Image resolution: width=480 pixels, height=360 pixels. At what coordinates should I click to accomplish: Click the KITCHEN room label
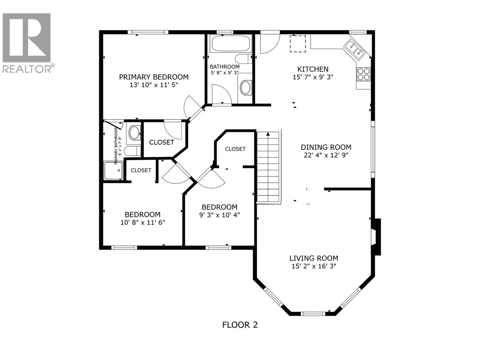(x=313, y=69)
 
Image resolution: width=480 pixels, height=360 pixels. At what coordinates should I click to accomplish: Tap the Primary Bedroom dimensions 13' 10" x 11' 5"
(x=154, y=85)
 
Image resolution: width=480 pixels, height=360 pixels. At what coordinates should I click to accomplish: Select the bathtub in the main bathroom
(x=231, y=43)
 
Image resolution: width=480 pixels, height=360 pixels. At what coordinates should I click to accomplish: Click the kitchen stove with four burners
(x=363, y=74)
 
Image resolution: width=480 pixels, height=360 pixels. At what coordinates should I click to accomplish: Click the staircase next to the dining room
(x=268, y=167)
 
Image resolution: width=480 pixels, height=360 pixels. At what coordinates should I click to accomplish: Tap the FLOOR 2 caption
(x=240, y=331)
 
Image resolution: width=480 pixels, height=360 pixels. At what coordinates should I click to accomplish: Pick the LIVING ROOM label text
(x=314, y=258)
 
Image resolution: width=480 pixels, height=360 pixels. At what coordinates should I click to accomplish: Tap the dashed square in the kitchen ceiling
(x=298, y=44)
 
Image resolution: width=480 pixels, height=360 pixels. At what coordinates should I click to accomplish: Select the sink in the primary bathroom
(x=134, y=133)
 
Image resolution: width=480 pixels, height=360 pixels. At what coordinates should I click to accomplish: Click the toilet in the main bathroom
(x=243, y=58)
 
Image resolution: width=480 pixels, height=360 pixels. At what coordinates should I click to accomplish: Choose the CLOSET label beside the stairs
(x=235, y=149)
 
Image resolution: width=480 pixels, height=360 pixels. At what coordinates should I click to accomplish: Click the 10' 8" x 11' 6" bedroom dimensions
(x=142, y=223)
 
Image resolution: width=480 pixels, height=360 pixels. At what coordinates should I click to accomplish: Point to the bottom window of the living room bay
(x=313, y=314)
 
